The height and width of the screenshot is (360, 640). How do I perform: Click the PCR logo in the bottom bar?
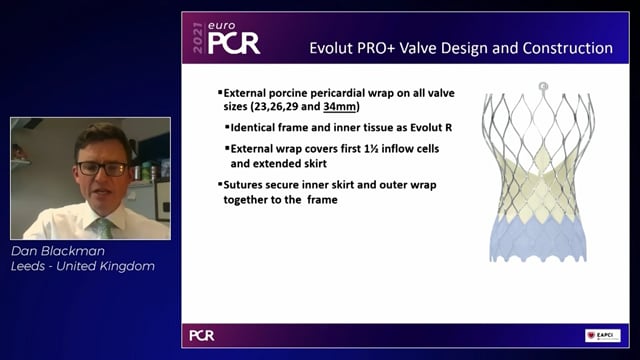pyautogui.click(x=201, y=335)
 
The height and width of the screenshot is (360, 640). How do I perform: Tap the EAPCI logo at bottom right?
pyautogui.click(x=602, y=335)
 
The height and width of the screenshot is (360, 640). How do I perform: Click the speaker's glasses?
pyautogui.click(x=101, y=167)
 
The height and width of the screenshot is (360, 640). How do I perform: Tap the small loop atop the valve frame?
pyautogui.click(x=543, y=87)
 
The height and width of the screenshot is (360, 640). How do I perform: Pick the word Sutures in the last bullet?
pyautogui.click(x=247, y=184)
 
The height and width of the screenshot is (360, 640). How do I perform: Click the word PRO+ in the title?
pyautogui.click(x=410, y=48)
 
